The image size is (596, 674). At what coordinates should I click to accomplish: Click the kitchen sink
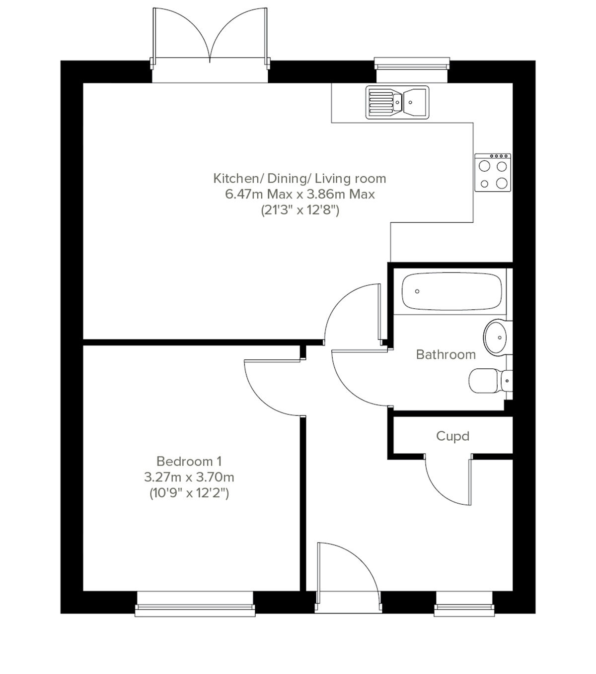(x=397, y=103)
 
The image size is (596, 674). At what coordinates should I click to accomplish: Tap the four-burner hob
(x=492, y=172)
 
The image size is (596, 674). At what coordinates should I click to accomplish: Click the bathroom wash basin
(x=496, y=337)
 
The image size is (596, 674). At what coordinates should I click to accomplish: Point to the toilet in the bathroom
(x=489, y=381)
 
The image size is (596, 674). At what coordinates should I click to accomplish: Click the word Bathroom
(x=446, y=354)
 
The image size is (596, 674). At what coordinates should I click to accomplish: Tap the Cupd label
(x=452, y=436)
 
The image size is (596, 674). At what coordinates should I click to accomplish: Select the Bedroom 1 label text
(x=189, y=461)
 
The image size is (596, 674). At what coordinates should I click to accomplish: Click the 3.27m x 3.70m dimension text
(x=189, y=477)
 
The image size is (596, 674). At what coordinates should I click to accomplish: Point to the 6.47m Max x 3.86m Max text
(x=299, y=194)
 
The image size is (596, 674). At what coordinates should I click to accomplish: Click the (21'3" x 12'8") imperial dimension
(x=299, y=210)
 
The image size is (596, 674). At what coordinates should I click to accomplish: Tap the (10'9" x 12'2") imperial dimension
(x=189, y=493)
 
